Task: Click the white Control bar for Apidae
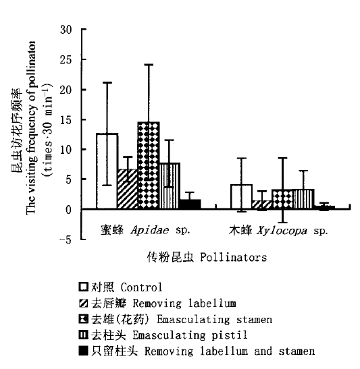[x=107, y=171]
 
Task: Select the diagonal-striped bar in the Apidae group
[x=128, y=189]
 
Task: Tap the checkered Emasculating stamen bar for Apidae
[x=149, y=165]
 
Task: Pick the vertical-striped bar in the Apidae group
[x=170, y=186]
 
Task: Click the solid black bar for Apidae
[x=190, y=204]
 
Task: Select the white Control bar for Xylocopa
[x=242, y=197]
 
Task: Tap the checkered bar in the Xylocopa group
[x=283, y=199]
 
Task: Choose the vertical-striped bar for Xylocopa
[x=304, y=199]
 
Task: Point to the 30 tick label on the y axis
[x=66, y=30]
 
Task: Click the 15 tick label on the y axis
[x=66, y=120]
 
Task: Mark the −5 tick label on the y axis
[x=65, y=240]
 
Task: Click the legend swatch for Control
[x=83, y=287]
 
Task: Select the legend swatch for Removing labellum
[x=83, y=303]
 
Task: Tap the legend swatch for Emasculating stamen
[x=83, y=319]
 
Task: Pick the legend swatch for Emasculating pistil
[x=83, y=335]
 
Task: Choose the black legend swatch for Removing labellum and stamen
[x=83, y=351]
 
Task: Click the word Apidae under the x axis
[x=150, y=230]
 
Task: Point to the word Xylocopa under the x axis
[x=282, y=231]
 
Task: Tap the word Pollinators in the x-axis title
[x=234, y=257]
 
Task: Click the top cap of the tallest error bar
[x=149, y=65]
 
